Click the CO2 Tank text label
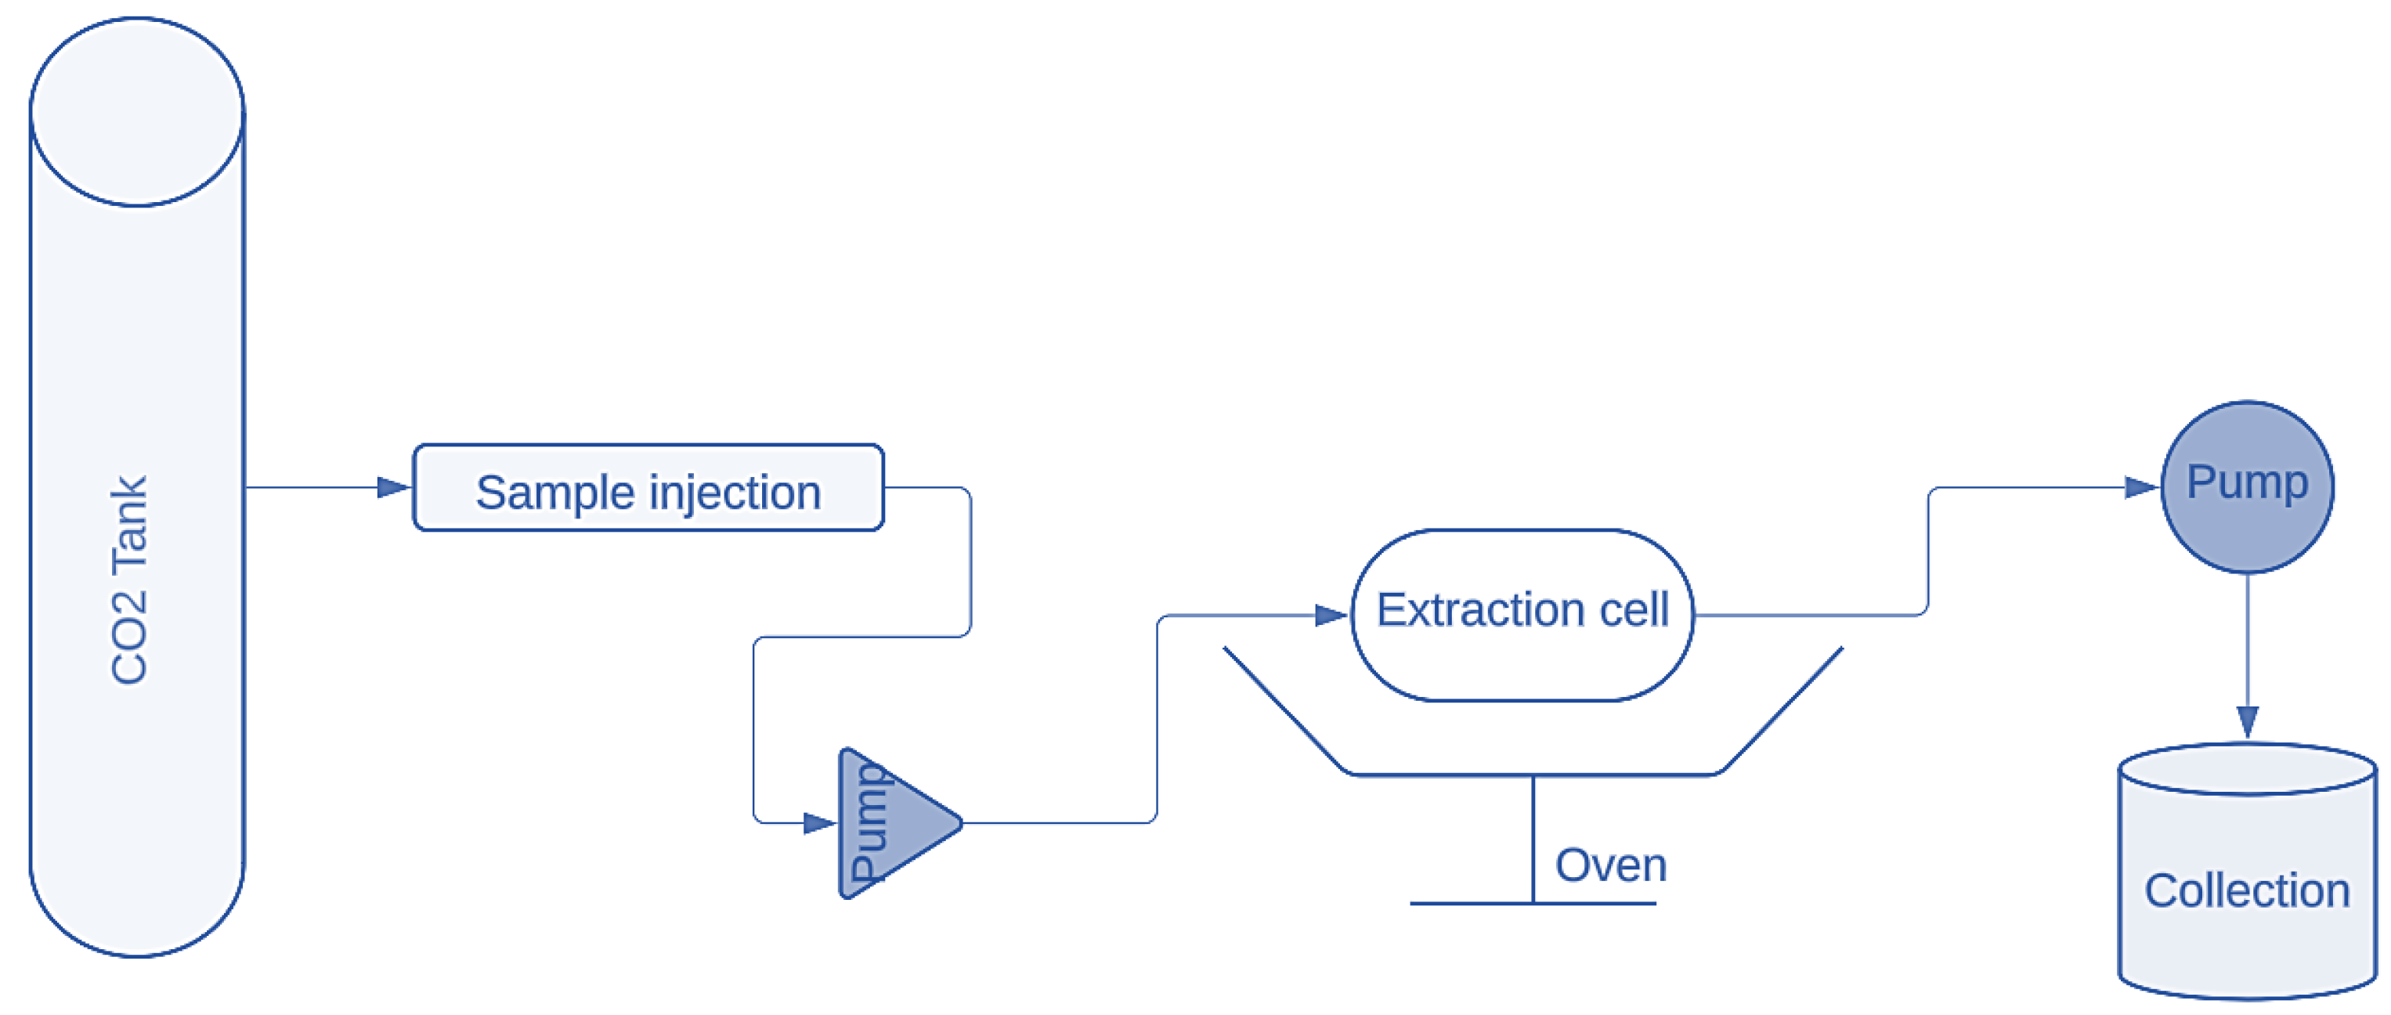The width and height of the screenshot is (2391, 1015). (129, 580)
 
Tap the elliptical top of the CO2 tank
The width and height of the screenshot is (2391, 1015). (136, 111)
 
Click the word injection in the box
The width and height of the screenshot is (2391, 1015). (735, 493)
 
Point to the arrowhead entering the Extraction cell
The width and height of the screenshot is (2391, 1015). (1331, 615)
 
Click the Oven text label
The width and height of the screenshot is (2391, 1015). (1610, 865)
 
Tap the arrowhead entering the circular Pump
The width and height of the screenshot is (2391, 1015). (2141, 487)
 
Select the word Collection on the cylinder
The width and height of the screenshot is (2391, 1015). (2246, 890)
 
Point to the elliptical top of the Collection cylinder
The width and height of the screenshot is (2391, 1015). (2246, 769)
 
